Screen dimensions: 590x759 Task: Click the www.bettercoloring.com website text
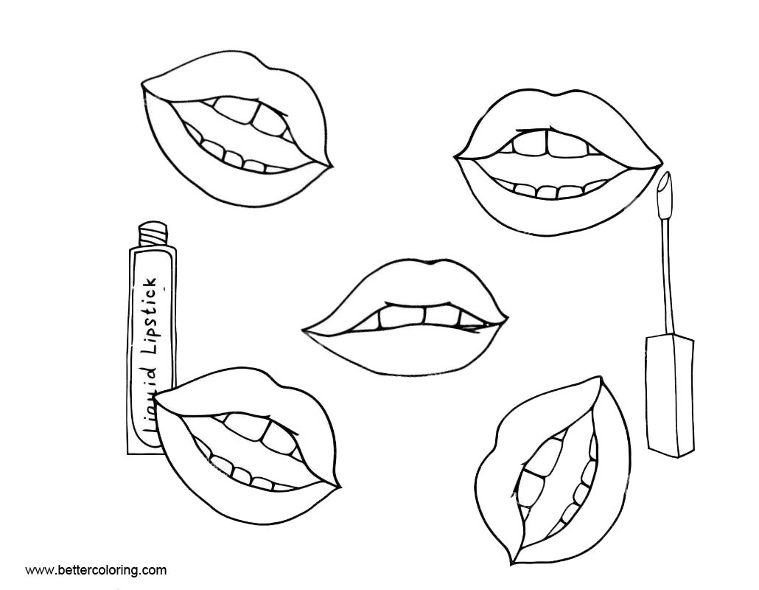point(96,570)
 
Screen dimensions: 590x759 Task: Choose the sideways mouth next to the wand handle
point(553,472)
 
